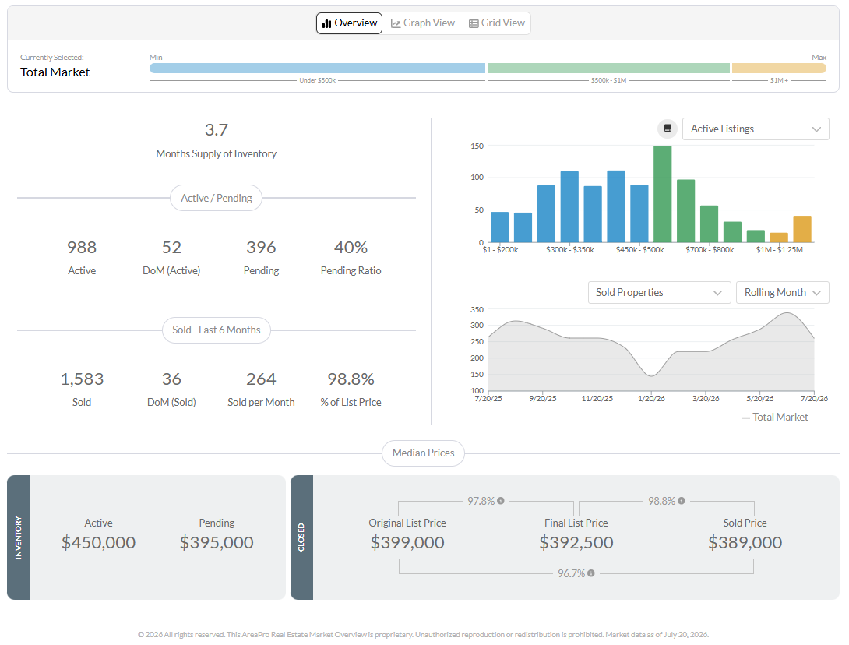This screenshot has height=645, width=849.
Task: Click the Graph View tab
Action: coord(423,23)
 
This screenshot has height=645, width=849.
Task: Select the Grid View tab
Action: coord(496,23)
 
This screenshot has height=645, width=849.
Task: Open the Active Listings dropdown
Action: coord(756,129)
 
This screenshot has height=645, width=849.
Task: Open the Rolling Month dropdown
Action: coord(782,292)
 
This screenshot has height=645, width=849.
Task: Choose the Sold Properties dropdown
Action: coord(659,292)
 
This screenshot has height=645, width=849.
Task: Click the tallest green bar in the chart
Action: coord(662,194)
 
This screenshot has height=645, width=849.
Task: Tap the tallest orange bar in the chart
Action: coord(802,229)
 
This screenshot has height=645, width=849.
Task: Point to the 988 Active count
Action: coord(82,248)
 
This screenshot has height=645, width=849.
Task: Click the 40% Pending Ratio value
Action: coord(351,248)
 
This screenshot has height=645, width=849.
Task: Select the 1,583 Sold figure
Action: coord(82,379)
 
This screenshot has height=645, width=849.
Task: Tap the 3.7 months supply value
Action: coord(216,130)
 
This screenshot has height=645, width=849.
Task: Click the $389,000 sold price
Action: coord(745,542)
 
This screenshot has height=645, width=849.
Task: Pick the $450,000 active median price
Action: coord(99,542)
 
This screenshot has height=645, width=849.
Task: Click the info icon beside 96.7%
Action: coord(590,573)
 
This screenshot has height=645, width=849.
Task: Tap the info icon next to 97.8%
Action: coord(501,501)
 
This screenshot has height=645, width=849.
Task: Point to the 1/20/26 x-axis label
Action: coord(651,399)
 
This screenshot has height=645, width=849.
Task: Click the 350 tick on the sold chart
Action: coord(477,310)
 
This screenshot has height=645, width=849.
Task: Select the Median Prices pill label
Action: coord(424,453)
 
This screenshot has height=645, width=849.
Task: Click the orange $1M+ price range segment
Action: coord(779,69)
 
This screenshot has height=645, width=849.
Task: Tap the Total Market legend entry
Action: coord(774,417)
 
